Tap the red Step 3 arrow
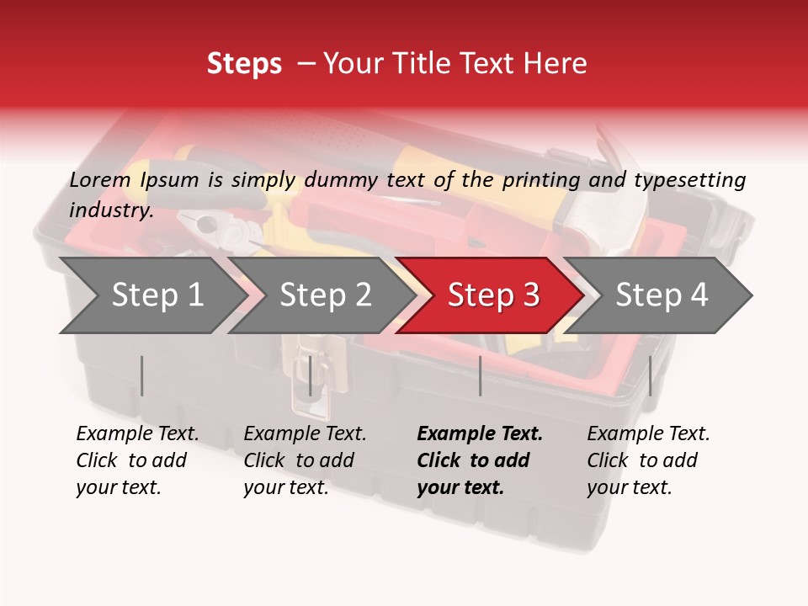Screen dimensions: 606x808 (x=493, y=295)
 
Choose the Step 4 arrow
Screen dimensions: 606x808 (x=662, y=295)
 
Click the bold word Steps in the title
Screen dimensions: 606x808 (x=244, y=63)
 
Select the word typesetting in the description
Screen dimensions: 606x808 (x=689, y=179)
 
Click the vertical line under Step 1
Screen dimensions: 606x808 (x=142, y=375)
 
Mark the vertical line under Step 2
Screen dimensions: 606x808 (x=311, y=375)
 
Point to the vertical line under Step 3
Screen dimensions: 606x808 (x=480, y=375)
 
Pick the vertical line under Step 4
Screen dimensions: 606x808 (x=650, y=375)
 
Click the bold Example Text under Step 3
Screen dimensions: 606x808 (x=480, y=434)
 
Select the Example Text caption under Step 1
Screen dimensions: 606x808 (x=137, y=434)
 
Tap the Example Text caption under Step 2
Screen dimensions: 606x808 (x=305, y=434)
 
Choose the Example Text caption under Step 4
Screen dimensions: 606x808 (x=648, y=434)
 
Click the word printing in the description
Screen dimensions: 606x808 (x=542, y=179)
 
